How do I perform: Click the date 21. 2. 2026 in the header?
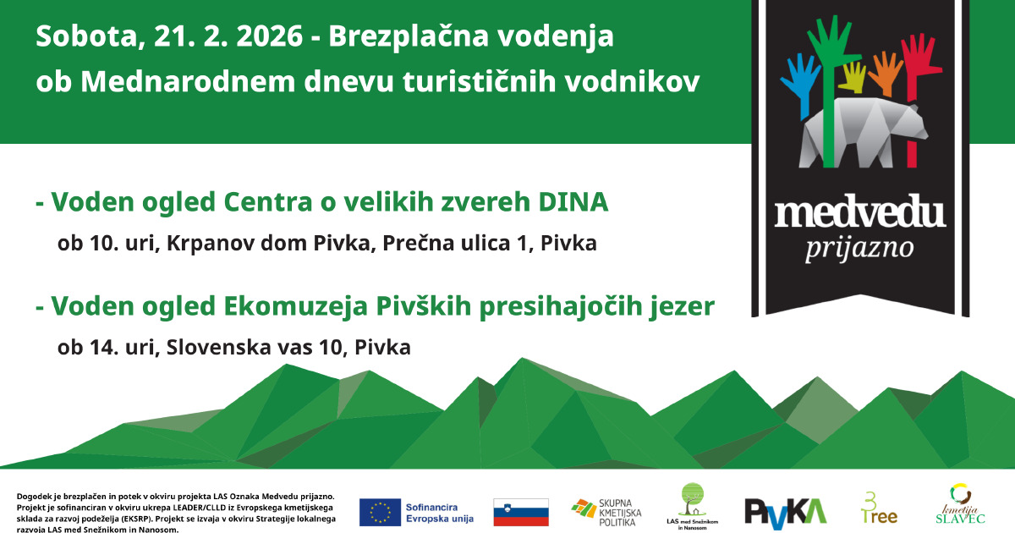click(228, 36)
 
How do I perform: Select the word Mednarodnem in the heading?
click(188, 81)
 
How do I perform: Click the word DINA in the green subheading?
click(573, 202)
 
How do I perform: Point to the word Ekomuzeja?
click(295, 306)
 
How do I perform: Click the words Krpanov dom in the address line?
click(238, 244)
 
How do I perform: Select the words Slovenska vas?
click(239, 348)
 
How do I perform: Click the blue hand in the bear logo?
click(801, 81)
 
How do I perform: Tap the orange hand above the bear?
click(885, 73)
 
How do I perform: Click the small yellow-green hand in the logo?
click(853, 77)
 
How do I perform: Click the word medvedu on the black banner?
click(859, 212)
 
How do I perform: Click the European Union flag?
click(380, 512)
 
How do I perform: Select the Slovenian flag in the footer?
click(521, 512)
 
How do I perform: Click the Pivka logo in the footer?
click(786, 514)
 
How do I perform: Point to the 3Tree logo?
click(879, 508)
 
